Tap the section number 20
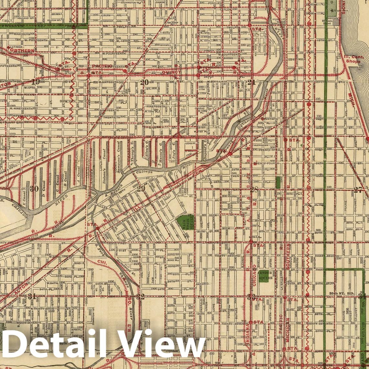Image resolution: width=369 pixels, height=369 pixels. point(145,82)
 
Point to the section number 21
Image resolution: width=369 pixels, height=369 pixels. point(251,82)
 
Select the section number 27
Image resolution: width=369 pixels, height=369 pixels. point(358,190)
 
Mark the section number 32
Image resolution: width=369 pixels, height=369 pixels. point(140,297)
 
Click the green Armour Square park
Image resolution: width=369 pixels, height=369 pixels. point(264,275)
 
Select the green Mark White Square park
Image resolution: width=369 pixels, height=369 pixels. point(185,222)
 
